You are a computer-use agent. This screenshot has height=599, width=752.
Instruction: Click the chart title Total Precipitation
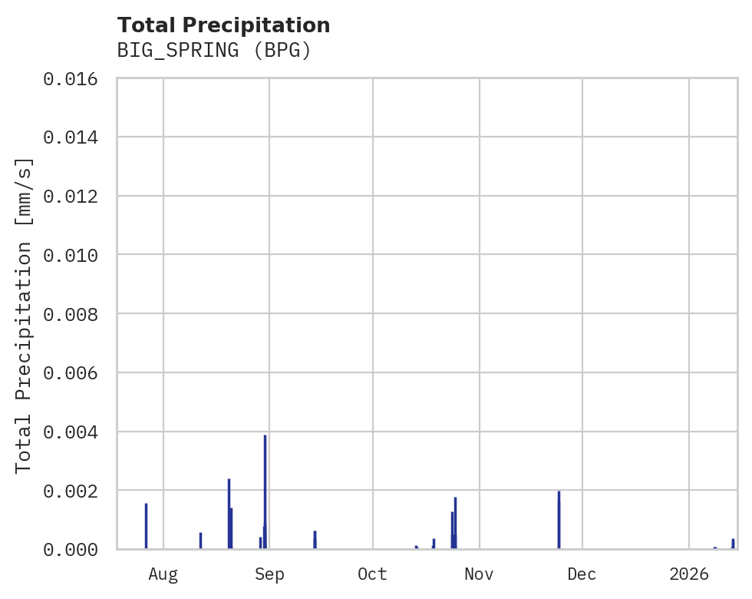click(223, 25)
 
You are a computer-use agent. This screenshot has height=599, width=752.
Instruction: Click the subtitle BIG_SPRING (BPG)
click(214, 51)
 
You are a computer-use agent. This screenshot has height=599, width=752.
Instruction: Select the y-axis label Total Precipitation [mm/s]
click(24, 314)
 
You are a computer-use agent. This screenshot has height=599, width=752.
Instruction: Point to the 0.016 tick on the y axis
click(75, 78)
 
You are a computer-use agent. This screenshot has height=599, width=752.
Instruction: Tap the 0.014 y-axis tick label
click(75, 137)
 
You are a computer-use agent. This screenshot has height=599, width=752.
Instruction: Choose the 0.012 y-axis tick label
click(75, 196)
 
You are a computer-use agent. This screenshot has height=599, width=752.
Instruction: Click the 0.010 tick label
click(75, 255)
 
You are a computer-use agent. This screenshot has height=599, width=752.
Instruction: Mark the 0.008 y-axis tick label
click(75, 314)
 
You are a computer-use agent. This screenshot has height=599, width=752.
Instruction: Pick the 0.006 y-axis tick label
click(75, 372)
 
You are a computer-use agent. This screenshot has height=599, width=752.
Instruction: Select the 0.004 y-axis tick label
click(75, 432)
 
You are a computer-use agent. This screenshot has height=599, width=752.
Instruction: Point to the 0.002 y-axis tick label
click(75, 490)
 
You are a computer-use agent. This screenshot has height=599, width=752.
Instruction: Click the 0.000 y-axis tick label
click(75, 549)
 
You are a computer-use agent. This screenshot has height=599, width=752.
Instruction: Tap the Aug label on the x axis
click(163, 574)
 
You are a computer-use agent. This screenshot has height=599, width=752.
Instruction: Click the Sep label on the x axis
click(269, 574)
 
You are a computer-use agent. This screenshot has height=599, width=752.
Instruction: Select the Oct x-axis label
click(373, 574)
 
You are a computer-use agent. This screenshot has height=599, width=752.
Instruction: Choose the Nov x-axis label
click(479, 574)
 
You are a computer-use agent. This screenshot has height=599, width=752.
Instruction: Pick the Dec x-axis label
click(582, 574)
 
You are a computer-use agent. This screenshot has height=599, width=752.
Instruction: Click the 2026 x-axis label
click(689, 574)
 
